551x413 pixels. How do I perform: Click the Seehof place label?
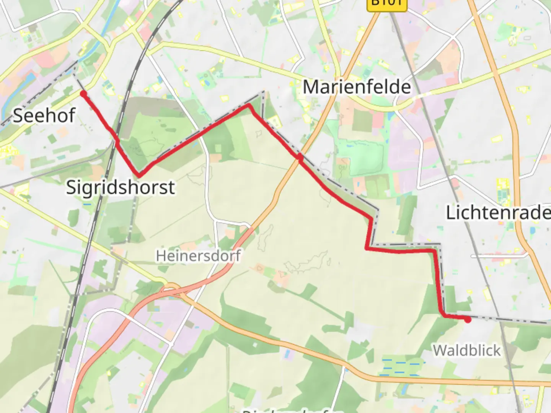(x=44, y=115)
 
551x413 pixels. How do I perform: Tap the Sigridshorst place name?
(x=121, y=187)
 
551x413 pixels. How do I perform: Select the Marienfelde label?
(x=357, y=87)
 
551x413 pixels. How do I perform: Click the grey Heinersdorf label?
(x=198, y=255)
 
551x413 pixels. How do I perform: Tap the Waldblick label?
(x=466, y=350)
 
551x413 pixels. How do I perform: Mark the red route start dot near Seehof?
(x=83, y=94)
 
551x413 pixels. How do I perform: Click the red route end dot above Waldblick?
(x=468, y=319)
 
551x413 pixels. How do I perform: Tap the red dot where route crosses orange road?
(x=300, y=157)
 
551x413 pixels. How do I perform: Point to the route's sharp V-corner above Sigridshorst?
(x=139, y=176)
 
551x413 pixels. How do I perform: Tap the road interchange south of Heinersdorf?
(x=172, y=289)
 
